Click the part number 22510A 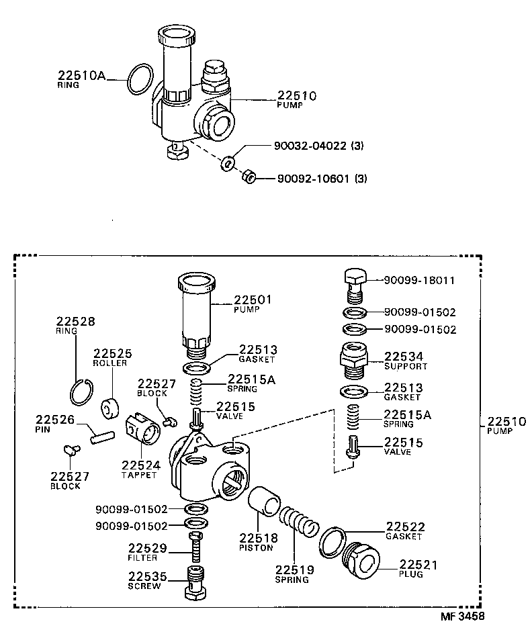pos(82,76)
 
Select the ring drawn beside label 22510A pos(140,80)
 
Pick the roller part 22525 pos(109,408)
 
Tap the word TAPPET pos(138,475)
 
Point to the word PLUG pos(412,576)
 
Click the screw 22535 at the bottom pos(196,583)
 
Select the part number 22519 pos(294,569)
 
